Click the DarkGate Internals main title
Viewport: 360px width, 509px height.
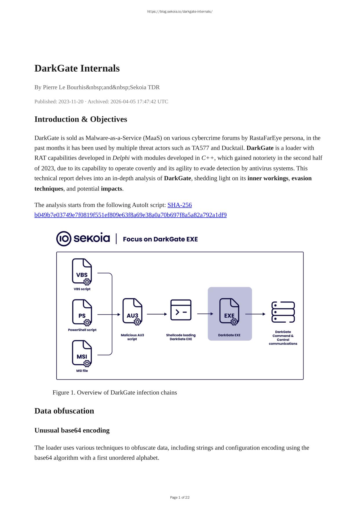[x=77, y=68]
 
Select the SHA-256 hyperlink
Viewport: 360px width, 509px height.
[x=179, y=205]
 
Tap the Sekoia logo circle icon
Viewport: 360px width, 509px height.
[x=63, y=239]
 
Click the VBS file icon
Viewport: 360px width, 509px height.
[x=82, y=272]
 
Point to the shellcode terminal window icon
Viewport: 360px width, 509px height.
[x=181, y=310]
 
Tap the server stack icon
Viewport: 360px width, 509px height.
[x=283, y=312]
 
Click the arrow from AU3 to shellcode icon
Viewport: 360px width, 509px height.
[x=157, y=314]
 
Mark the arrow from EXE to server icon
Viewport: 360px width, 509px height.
[x=255, y=314]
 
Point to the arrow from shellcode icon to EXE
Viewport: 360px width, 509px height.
[x=205, y=314]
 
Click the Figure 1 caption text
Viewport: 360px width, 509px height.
[x=114, y=392]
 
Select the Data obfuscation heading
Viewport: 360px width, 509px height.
[x=64, y=411]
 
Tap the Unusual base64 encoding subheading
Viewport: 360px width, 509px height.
[x=72, y=430]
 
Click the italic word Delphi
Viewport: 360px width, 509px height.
[x=121, y=158]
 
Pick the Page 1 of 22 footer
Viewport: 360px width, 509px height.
[x=180, y=497]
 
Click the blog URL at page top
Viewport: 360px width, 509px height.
[x=180, y=12]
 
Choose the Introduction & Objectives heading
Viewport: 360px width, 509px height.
[x=81, y=119]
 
